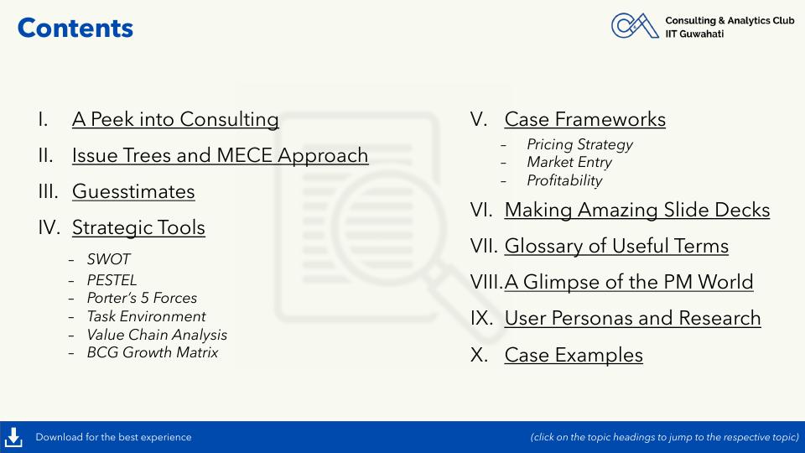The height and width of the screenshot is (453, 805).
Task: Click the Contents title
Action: pyautogui.click(x=75, y=29)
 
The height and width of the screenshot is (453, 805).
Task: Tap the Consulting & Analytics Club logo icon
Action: pyautogui.click(x=635, y=26)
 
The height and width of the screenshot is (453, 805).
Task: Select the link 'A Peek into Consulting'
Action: pyautogui.click(x=175, y=119)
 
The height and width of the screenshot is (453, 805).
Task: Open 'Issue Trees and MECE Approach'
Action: pyautogui.click(x=221, y=156)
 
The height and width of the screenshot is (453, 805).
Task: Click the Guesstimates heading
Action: pyautogui.click(x=133, y=191)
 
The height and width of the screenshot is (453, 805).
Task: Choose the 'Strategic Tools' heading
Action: pyautogui.click(x=138, y=228)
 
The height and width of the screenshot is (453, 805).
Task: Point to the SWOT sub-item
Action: pyautogui.click(x=109, y=259)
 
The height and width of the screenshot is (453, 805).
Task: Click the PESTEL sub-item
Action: pyautogui.click(x=112, y=280)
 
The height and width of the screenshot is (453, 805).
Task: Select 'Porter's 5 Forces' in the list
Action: pyautogui.click(x=143, y=298)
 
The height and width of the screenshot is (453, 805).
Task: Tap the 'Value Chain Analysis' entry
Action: pyautogui.click(x=157, y=335)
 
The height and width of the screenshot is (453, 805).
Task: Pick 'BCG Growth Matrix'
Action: pyautogui.click(x=153, y=352)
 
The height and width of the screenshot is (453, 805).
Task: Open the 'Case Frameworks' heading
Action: pyautogui.click(x=585, y=119)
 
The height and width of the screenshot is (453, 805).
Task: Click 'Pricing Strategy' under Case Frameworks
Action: pyautogui.click(x=580, y=145)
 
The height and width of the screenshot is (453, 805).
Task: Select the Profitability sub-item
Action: pyautogui.click(x=564, y=181)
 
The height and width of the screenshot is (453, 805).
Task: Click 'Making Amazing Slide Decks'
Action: pyautogui.click(x=637, y=210)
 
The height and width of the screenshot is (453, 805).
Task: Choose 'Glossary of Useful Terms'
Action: pyautogui.click(x=616, y=246)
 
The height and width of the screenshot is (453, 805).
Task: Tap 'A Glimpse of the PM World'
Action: pyautogui.click(x=629, y=282)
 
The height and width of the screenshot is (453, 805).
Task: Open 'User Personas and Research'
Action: pyautogui.click(x=632, y=319)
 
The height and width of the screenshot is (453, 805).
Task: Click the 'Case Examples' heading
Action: pyautogui.click(x=574, y=355)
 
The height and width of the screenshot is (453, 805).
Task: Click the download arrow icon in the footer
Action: pyautogui.click(x=13, y=438)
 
